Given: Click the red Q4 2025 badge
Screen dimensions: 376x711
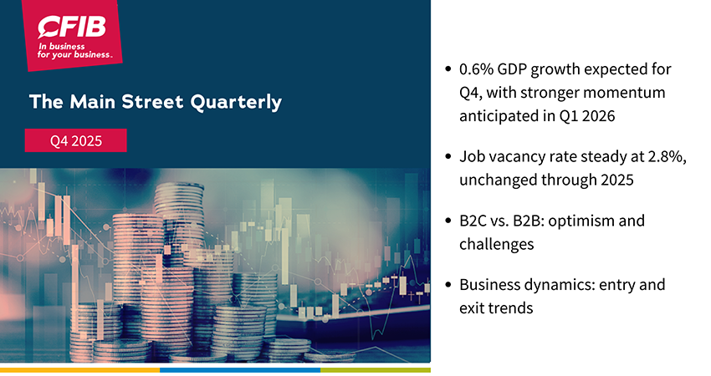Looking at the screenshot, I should [x=75, y=140].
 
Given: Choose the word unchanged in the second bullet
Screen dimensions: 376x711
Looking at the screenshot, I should [x=498, y=180].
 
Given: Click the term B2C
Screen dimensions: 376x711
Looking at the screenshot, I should [x=476, y=221].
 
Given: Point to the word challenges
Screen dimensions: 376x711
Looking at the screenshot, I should [x=499, y=244].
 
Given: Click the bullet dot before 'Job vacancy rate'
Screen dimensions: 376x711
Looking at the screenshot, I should [x=449, y=156].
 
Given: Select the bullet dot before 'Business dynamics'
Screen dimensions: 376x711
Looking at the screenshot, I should [x=449, y=284].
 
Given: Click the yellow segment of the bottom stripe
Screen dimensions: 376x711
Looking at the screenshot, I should [x=79, y=368].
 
